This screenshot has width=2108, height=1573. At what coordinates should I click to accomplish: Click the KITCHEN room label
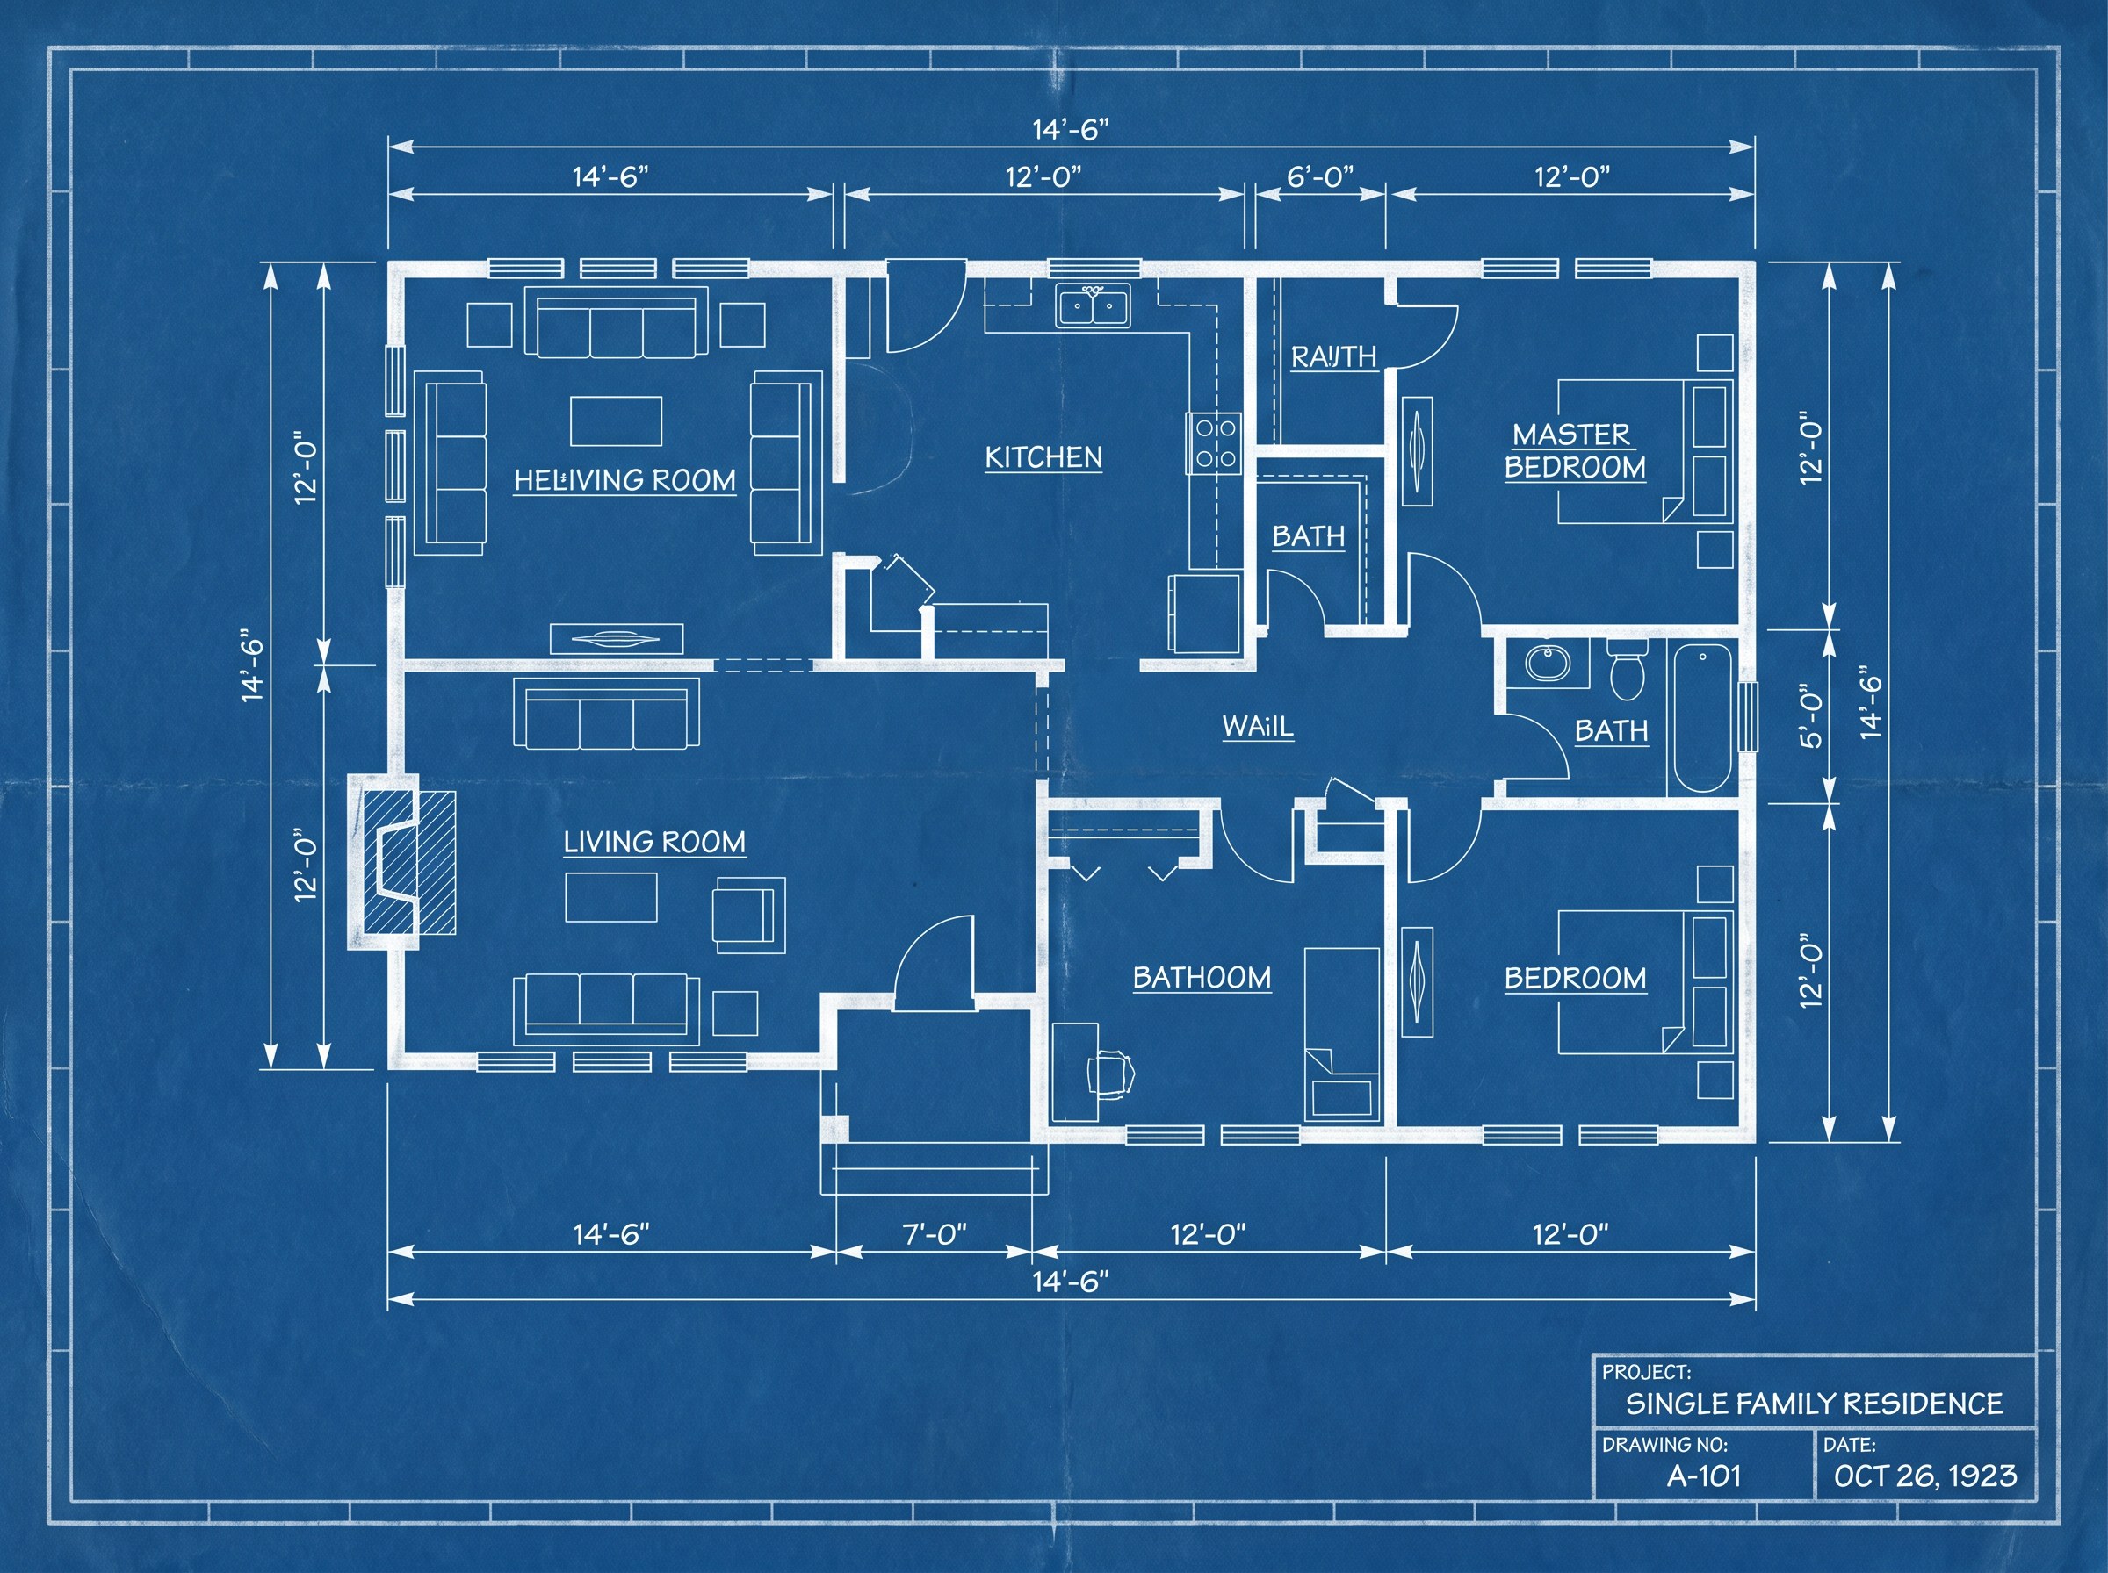coord(1043,457)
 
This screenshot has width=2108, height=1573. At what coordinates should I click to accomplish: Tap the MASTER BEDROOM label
coord(1575,451)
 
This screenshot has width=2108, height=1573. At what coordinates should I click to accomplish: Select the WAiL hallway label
coord(1258,727)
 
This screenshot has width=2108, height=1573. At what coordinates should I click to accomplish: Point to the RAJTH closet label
coord(1333,356)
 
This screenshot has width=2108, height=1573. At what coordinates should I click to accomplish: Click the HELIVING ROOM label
coord(624,480)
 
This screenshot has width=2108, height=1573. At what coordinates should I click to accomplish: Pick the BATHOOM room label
coord(1202,978)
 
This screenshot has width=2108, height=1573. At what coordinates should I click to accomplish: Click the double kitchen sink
coord(1093,305)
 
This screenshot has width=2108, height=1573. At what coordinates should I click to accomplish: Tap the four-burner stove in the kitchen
coord(1215,442)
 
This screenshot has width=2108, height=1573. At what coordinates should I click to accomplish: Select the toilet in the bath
coord(1627,667)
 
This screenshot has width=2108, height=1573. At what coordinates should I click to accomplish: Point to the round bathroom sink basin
coord(1547,663)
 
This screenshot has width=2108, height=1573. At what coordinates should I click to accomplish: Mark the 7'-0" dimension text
coord(935,1234)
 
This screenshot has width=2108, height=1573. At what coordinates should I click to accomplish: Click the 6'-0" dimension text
coord(1319,176)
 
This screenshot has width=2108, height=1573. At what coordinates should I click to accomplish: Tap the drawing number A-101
coord(1703,1476)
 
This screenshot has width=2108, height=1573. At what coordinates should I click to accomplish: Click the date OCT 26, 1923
coord(1925,1476)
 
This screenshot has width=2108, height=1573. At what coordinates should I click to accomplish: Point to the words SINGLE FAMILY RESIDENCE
coord(1814,1404)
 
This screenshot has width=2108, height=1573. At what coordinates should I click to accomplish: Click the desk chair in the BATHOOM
coord(1113,1074)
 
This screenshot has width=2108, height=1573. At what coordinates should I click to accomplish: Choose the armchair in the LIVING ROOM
coord(748,914)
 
